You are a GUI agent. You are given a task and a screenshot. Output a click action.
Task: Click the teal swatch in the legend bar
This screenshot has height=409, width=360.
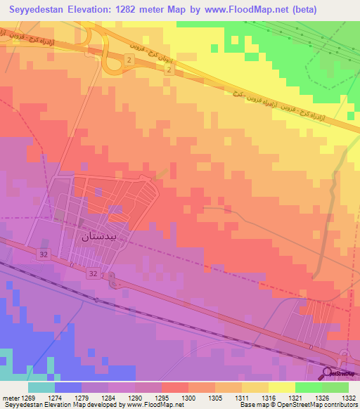[41, 387]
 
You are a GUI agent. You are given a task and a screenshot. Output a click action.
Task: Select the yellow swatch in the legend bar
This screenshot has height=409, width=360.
[281, 387]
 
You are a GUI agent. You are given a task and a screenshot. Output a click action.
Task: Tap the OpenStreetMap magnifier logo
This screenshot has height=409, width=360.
[327, 373]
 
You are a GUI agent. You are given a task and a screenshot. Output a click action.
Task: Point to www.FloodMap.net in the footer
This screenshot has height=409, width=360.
[150, 405]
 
